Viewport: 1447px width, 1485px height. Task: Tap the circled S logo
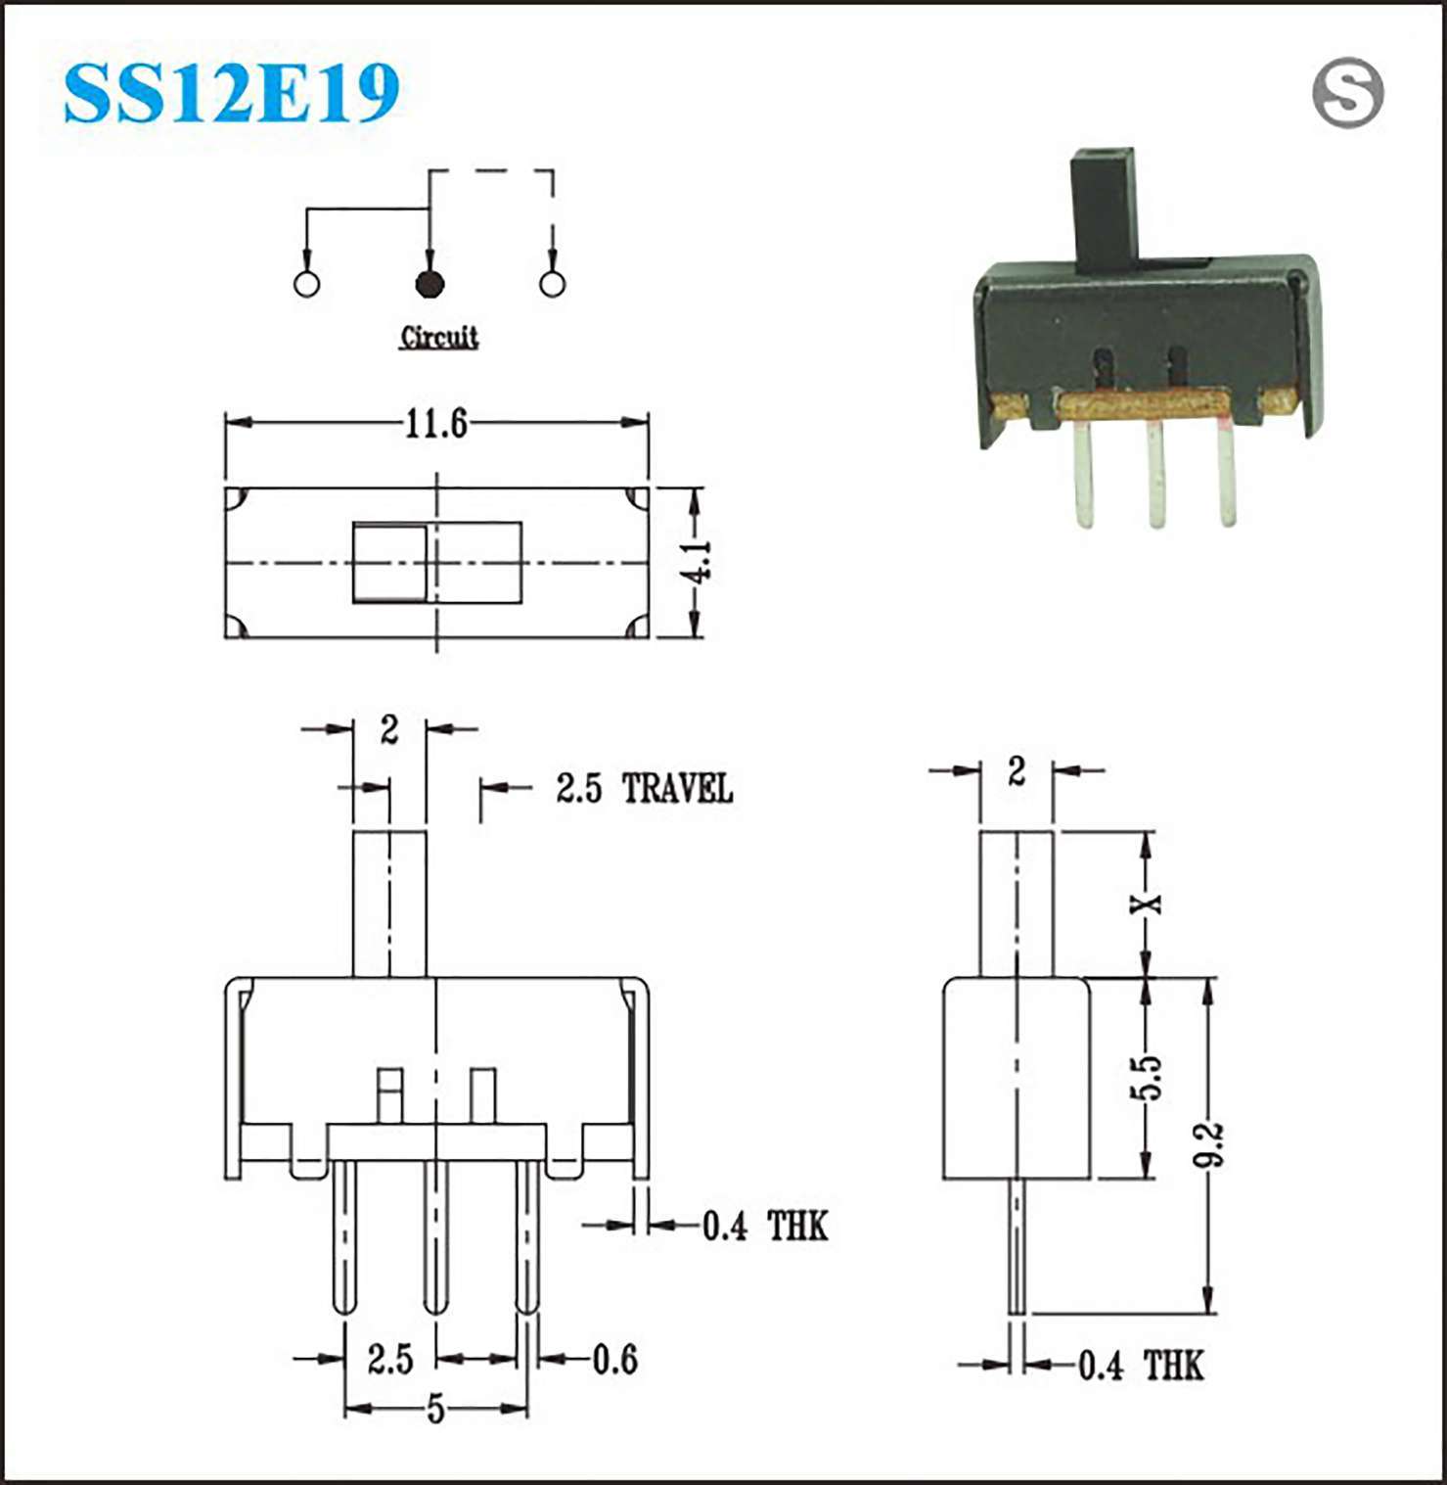1347,93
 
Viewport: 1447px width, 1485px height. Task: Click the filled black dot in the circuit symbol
430,284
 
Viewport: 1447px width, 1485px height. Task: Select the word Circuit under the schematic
439,337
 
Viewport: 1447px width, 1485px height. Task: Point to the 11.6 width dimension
436,423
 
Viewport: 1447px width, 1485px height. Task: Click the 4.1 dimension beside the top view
700,561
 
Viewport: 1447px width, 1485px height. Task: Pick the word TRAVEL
677,788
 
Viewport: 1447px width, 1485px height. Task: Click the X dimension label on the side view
1147,903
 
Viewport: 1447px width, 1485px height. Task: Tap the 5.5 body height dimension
1147,1077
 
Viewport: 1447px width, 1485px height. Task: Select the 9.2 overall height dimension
1210,1144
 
